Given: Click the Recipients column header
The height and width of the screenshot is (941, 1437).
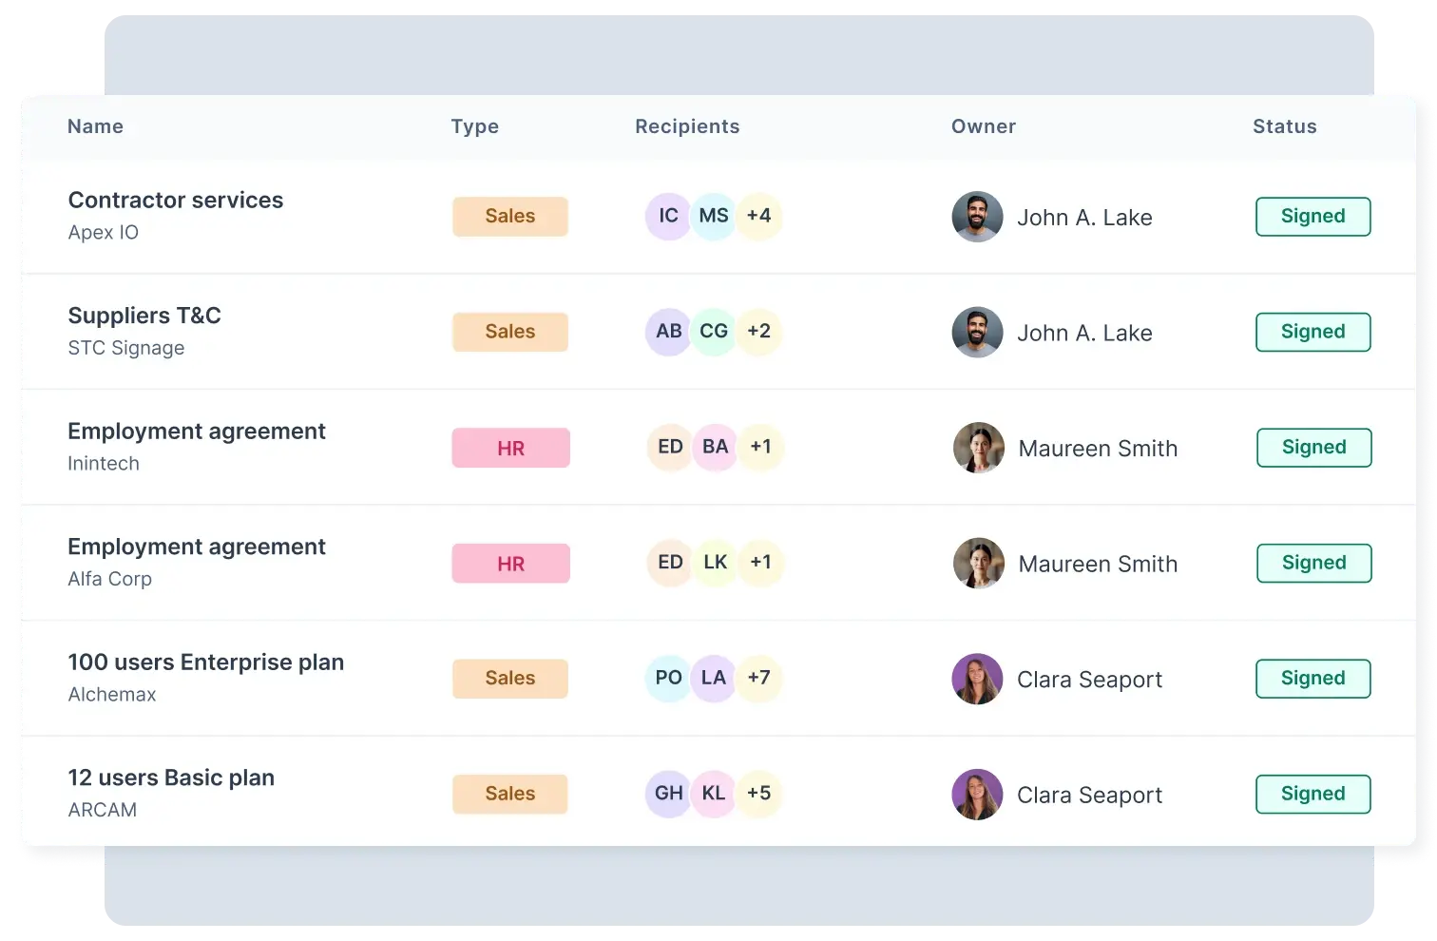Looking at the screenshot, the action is (x=687, y=126).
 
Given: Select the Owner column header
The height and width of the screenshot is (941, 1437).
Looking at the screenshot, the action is (x=984, y=126).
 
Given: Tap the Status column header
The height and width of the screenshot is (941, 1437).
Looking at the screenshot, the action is (x=1284, y=126).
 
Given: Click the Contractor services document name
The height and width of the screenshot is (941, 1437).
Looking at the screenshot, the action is (x=176, y=201).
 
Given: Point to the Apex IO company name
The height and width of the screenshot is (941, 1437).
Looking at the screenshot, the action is (x=104, y=232).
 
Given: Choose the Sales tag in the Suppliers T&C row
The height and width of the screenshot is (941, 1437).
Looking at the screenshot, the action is (x=510, y=332).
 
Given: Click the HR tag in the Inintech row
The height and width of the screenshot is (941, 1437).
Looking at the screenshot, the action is (x=510, y=448).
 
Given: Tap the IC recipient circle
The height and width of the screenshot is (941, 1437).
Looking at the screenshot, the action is (x=668, y=216).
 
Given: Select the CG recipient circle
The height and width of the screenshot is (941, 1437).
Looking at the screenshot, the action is (x=714, y=331).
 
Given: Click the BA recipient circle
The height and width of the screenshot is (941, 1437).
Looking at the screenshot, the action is (x=716, y=447).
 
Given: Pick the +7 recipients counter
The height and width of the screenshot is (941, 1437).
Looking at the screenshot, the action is (x=759, y=678).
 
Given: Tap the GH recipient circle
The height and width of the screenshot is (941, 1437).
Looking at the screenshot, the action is (x=668, y=793).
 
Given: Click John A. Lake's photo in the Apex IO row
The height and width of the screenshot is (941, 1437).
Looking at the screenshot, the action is (x=977, y=216).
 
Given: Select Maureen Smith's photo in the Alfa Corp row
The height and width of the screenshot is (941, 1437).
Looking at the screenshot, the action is (x=978, y=563).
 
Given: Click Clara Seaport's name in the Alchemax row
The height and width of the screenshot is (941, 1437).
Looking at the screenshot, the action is (x=1089, y=680).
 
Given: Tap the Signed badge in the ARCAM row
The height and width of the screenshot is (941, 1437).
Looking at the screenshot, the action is (x=1313, y=794).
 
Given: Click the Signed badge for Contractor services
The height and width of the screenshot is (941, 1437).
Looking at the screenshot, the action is (x=1313, y=217).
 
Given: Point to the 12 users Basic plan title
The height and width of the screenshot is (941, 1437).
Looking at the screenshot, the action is (x=171, y=778).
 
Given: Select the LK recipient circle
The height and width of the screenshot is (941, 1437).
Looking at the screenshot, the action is (x=716, y=562).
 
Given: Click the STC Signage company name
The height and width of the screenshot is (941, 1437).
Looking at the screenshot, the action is (x=126, y=348).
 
